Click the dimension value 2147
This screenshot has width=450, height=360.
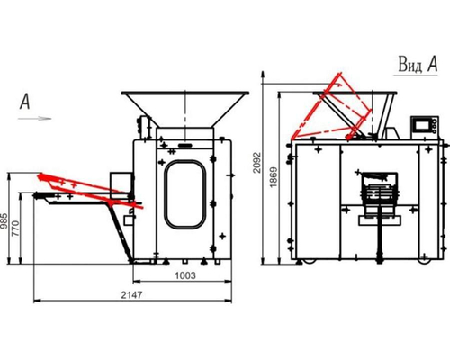point(131,295)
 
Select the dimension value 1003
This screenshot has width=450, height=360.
point(185,275)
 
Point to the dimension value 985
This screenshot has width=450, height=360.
point(4,220)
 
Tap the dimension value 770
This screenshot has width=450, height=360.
point(15,229)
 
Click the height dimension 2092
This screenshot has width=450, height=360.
point(257,163)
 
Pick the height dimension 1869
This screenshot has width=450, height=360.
point(274,177)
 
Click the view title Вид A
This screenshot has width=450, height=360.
point(418,64)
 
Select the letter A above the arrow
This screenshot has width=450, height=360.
point(25,102)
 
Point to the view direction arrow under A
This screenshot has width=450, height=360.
point(35,119)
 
